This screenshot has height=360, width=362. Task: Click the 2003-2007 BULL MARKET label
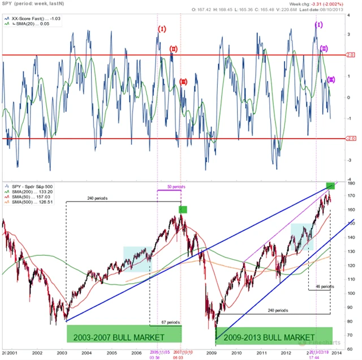tap(124, 334)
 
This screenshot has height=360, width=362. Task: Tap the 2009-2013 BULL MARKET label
tap(268, 338)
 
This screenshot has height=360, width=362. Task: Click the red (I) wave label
tap(162, 29)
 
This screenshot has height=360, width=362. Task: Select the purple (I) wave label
tap(318, 25)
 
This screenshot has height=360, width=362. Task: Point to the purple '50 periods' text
tap(176, 187)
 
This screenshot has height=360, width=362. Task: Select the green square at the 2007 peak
tap(183, 209)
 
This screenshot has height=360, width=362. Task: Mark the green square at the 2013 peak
tap(331, 186)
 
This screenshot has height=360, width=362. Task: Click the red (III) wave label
tap(183, 82)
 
